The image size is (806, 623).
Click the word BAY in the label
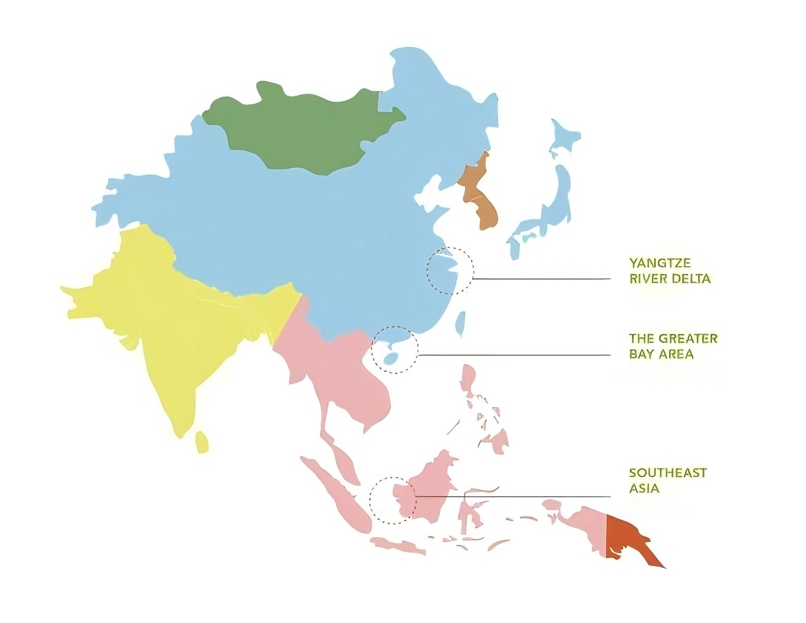click(x=642, y=354)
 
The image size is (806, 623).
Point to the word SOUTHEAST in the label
click(x=667, y=473)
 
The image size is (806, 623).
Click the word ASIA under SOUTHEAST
click(x=644, y=489)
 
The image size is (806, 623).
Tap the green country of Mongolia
click(x=301, y=129)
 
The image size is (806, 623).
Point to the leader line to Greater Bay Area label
click(x=515, y=355)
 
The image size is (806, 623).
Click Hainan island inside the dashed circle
click(x=388, y=357)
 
